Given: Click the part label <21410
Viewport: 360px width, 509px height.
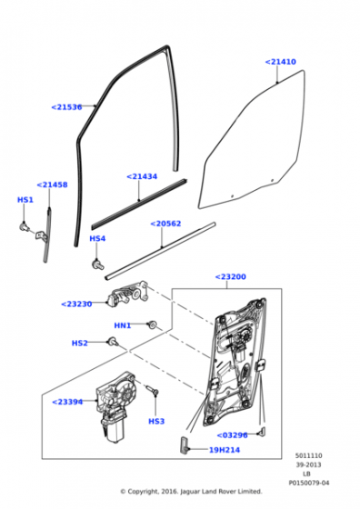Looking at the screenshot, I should [280, 62].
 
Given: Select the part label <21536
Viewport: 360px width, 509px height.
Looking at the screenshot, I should [66, 107].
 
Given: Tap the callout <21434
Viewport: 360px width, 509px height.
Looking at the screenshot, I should [142, 176].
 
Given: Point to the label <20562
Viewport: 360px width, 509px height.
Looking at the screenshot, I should [165, 223].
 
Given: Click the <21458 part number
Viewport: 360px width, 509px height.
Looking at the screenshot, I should [52, 185].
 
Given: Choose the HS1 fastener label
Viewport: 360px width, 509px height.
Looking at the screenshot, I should [25, 200].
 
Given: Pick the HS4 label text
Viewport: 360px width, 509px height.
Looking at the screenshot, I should [97, 239].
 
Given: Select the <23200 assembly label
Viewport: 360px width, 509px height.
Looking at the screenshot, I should [230, 276].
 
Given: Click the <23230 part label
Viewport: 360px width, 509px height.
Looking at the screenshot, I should [76, 304].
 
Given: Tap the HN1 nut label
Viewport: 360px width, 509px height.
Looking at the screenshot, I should [122, 325].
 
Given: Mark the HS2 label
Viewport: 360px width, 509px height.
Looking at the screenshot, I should [80, 343].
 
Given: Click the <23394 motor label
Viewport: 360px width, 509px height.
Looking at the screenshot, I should [67, 402].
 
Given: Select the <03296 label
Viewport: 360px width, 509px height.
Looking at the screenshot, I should [233, 435].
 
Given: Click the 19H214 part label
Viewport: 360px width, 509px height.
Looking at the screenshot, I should [225, 450].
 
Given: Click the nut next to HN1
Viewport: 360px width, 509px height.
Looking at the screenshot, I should [151, 324].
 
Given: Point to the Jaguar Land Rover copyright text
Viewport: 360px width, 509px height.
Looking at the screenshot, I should [191, 492].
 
